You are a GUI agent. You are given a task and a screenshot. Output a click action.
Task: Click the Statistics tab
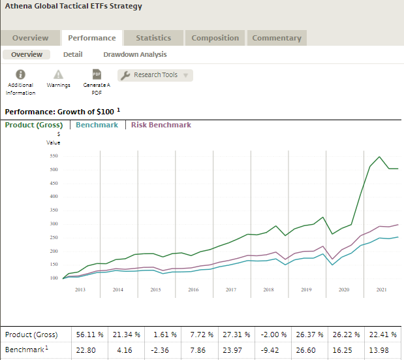coord(153,38)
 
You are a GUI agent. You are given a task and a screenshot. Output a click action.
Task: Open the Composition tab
coord(215,38)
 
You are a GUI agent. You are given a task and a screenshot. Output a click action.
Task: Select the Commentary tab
coord(277,38)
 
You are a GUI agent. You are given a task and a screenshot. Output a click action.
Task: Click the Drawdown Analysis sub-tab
coord(134,54)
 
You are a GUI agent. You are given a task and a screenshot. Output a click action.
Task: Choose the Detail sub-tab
coord(72,54)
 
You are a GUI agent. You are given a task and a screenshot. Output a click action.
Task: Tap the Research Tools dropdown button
coord(155,75)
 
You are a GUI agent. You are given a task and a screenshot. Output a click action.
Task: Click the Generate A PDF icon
coord(96,75)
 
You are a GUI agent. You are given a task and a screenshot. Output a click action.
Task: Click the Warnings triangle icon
coord(58,75)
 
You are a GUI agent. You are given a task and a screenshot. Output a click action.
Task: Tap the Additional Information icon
coord(20,75)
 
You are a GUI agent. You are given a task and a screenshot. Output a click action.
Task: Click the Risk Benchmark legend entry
coord(161,125)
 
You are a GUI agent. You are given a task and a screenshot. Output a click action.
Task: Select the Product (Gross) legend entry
coord(34,125)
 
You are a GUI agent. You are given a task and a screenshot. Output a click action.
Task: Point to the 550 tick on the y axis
coord(53,156)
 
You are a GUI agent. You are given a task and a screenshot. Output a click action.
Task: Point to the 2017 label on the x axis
coord(230,289)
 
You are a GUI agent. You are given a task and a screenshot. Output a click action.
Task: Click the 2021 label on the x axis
coord(382,289)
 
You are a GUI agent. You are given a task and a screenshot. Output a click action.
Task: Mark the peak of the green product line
coord(380,157)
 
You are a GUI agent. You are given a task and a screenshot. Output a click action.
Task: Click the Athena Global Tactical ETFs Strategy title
coord(73,7)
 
